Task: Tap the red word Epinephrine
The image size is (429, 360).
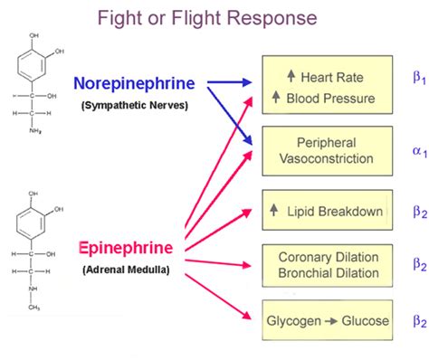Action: pos(135,247)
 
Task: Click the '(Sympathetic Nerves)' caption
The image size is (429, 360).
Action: pos(144,106)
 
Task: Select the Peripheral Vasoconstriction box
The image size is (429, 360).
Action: pos(326,150)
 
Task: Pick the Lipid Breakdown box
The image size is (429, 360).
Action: pos(326,210)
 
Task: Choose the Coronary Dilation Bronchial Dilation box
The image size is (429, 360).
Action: pos(326,265)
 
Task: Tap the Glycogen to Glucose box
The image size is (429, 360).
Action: pos(326,321)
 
